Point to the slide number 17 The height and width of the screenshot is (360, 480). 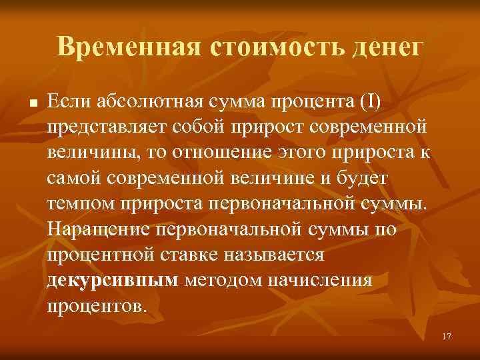[x=446, y=337]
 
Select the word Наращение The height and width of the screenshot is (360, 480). [x=99, y=228]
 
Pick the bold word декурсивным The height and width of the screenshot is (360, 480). [x=113, y=279]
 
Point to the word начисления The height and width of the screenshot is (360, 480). [x=321, y=279]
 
